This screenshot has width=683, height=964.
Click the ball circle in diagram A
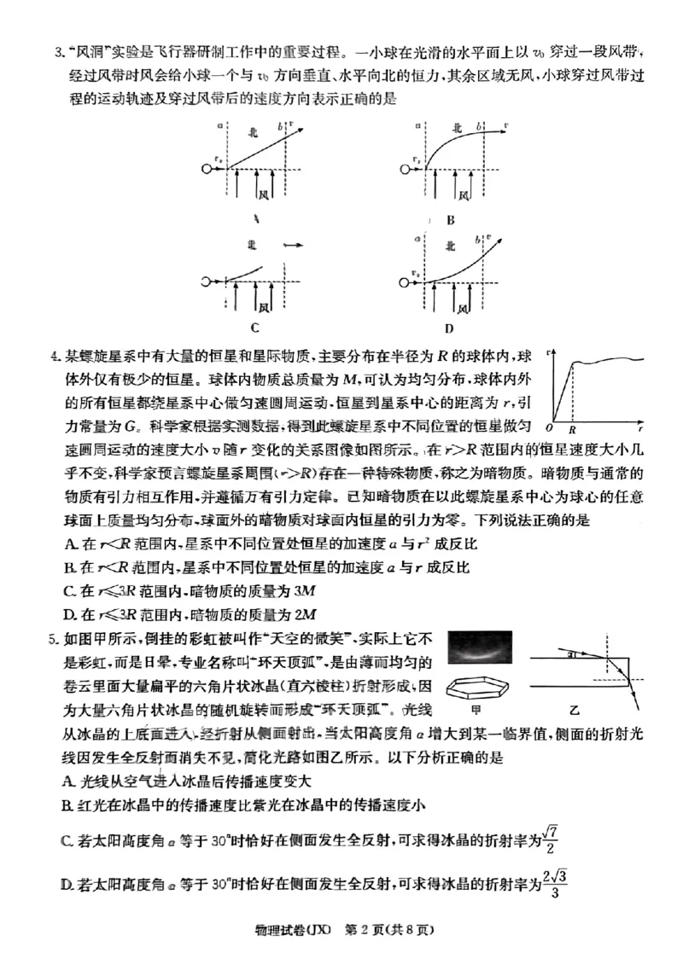coord(207,169)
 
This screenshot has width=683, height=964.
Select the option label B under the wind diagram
coord(451,219)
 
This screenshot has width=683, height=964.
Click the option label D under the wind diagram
coord(449,328)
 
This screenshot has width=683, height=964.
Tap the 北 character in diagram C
coord(252,245)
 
